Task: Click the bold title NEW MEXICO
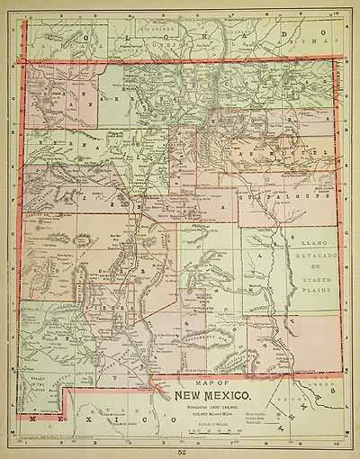(213, 392)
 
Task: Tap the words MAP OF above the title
(213, 381)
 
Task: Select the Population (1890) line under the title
(213, 402)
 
